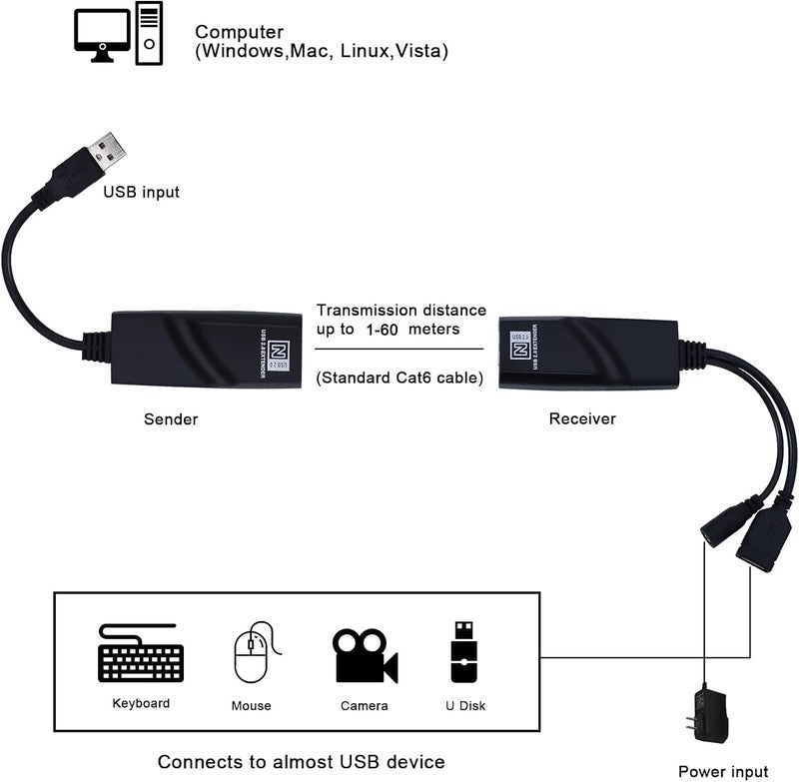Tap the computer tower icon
coord(149,32)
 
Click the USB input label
coord(142,191)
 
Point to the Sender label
coord(170,418)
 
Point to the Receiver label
coord(582,418)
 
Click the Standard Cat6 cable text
coord(399,379)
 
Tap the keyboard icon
coord(141,654)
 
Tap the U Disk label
coord(464,705)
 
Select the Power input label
coord(723,770)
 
